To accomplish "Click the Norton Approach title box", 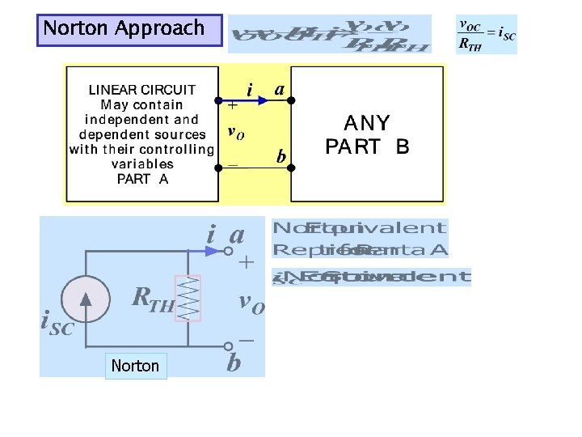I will click(x=129, y=29).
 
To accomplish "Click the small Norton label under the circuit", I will click(x=135, y=366).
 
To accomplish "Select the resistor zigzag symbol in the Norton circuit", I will click(x=188, y=299).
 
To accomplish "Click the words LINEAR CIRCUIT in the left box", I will click(x=142, y=90).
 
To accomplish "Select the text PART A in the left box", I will click(x=142, y=179).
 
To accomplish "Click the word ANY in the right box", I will click(x=367, y=124).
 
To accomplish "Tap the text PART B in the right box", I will click(x=367, y=147).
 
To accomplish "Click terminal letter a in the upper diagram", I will click(x=279, y=90).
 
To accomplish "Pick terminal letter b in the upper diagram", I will click(x=281, y=156).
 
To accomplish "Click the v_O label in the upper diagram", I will click(x=235, y=132).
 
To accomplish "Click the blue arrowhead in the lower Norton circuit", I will click(x=211, y=251).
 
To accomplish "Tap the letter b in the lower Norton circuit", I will click(x=234, y=362).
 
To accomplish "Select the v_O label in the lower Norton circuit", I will click(x=251, y=303).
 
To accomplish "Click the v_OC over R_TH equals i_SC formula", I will click(x=487, y=35).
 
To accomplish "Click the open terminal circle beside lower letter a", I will click(x=228, y=251).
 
